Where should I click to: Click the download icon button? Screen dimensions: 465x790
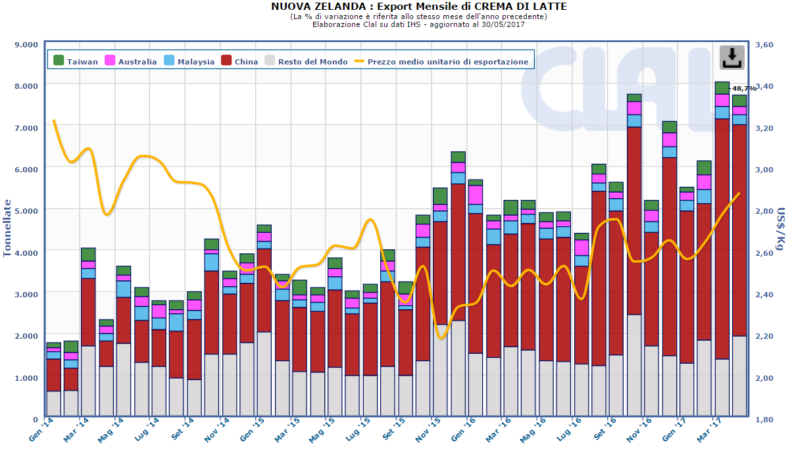tap(731, 57)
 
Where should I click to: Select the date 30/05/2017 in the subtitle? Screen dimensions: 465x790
tap(503, 24)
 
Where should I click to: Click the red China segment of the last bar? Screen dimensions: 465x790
tap(739, 230)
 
